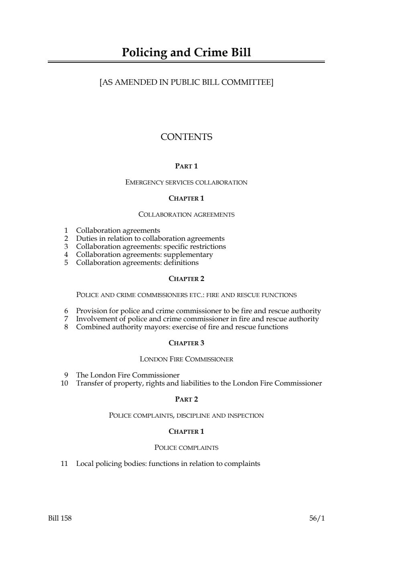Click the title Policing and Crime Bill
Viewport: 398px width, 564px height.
186,53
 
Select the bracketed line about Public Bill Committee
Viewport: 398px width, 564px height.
186,82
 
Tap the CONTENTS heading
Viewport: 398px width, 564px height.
186,137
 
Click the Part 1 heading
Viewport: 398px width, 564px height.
186,166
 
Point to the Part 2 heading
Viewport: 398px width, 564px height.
186,399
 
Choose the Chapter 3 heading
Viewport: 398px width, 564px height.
186,343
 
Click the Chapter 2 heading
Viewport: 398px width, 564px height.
186,279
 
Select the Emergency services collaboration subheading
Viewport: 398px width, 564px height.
186,183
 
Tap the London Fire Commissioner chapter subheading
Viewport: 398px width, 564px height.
186,359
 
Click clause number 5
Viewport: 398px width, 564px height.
66,263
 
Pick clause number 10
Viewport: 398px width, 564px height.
64,384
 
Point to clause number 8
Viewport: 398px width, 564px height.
66,327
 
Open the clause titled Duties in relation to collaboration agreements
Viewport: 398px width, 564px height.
150,239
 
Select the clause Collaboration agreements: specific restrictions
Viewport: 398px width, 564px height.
151,247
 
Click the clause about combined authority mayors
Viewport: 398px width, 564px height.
182,327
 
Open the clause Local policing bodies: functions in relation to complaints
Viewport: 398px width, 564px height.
168,464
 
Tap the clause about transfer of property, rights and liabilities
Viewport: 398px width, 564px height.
199,384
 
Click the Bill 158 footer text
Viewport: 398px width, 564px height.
60,518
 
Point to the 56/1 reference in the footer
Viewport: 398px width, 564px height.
317,518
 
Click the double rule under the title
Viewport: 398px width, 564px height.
186,62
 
